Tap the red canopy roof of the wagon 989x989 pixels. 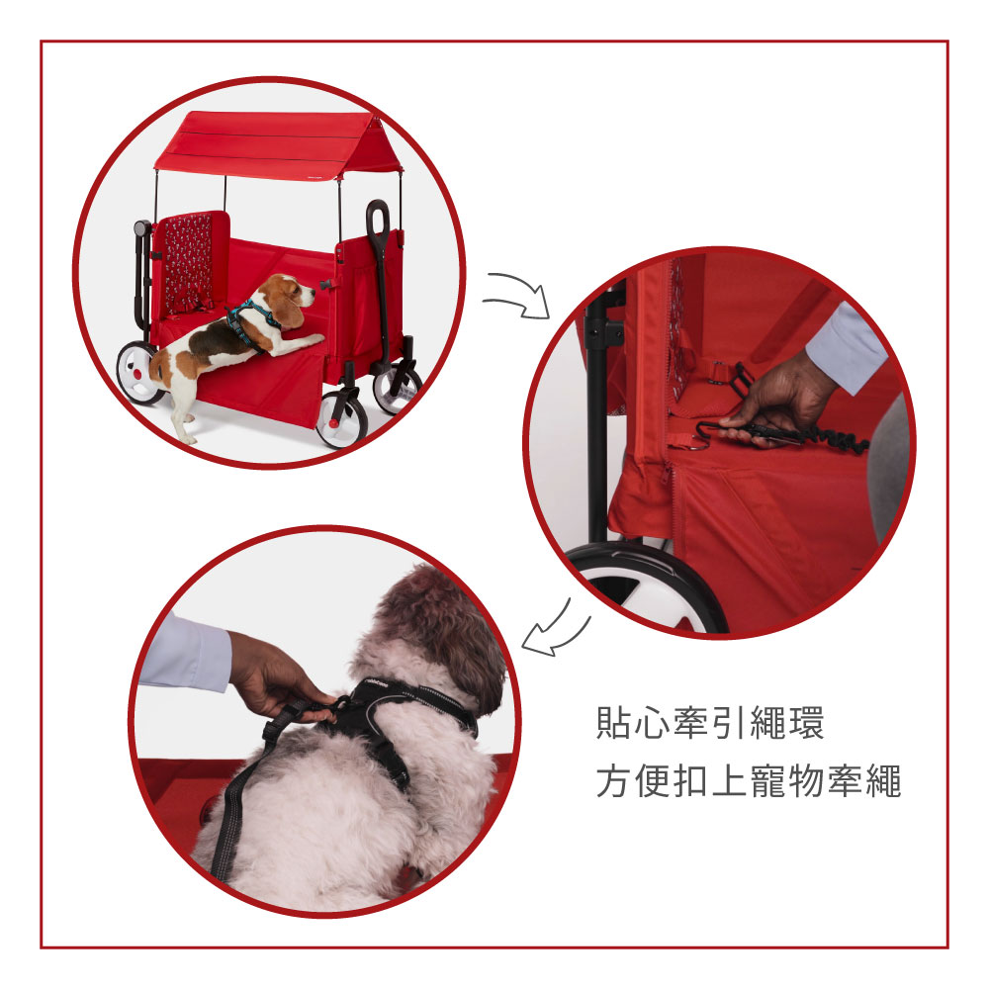coord(280,143)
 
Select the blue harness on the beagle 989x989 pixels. coord(250,321)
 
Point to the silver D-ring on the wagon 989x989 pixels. coord(698,446)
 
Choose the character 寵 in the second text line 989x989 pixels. coord(767,781)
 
